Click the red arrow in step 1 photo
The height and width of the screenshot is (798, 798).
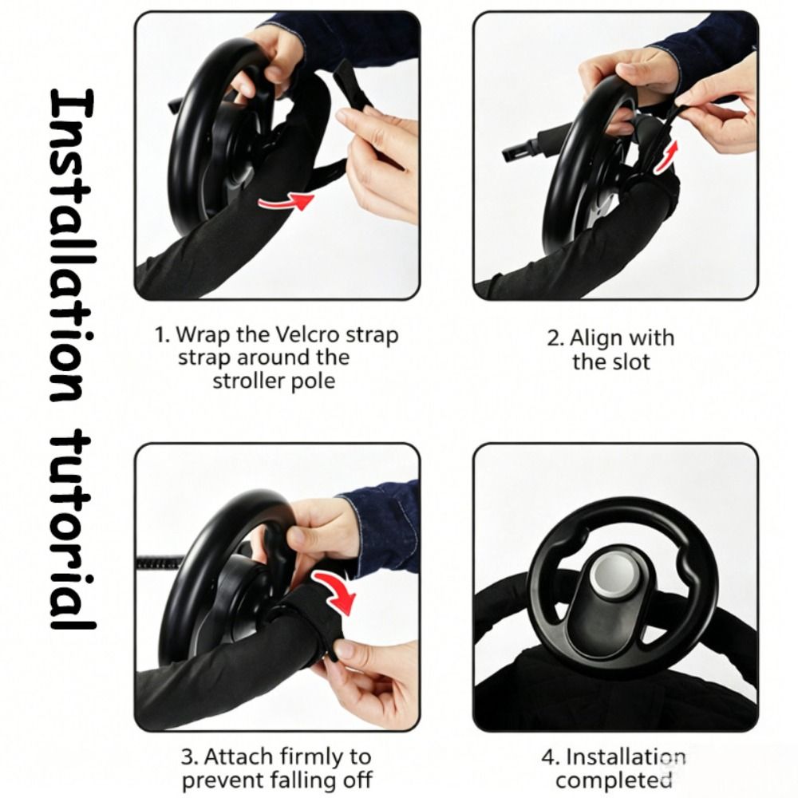tap(286, 201)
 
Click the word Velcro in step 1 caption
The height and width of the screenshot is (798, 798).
tap(308, 334)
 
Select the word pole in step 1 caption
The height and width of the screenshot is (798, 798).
tap(315, 381)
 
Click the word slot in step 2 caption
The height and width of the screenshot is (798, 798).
tap(630, 361)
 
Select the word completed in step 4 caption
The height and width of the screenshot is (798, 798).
tap(614, 780)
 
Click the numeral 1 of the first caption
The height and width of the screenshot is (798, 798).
tap(160, 335)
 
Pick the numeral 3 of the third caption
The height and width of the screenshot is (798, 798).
tap(187, 757)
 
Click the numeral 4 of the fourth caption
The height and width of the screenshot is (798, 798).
tap(547, 757)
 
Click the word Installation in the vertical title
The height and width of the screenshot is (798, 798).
tap(72, 245)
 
